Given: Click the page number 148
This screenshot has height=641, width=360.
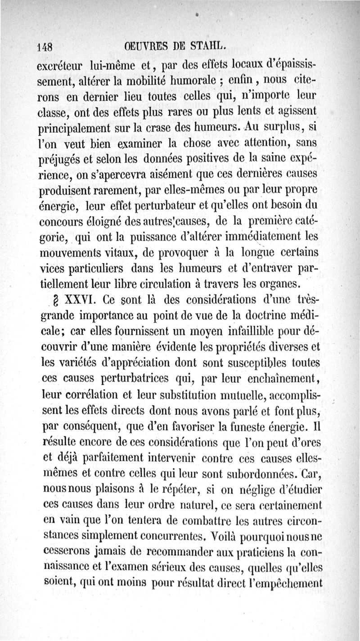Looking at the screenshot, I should (45, 46).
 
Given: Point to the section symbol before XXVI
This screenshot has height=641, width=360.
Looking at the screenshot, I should (55, 300).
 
